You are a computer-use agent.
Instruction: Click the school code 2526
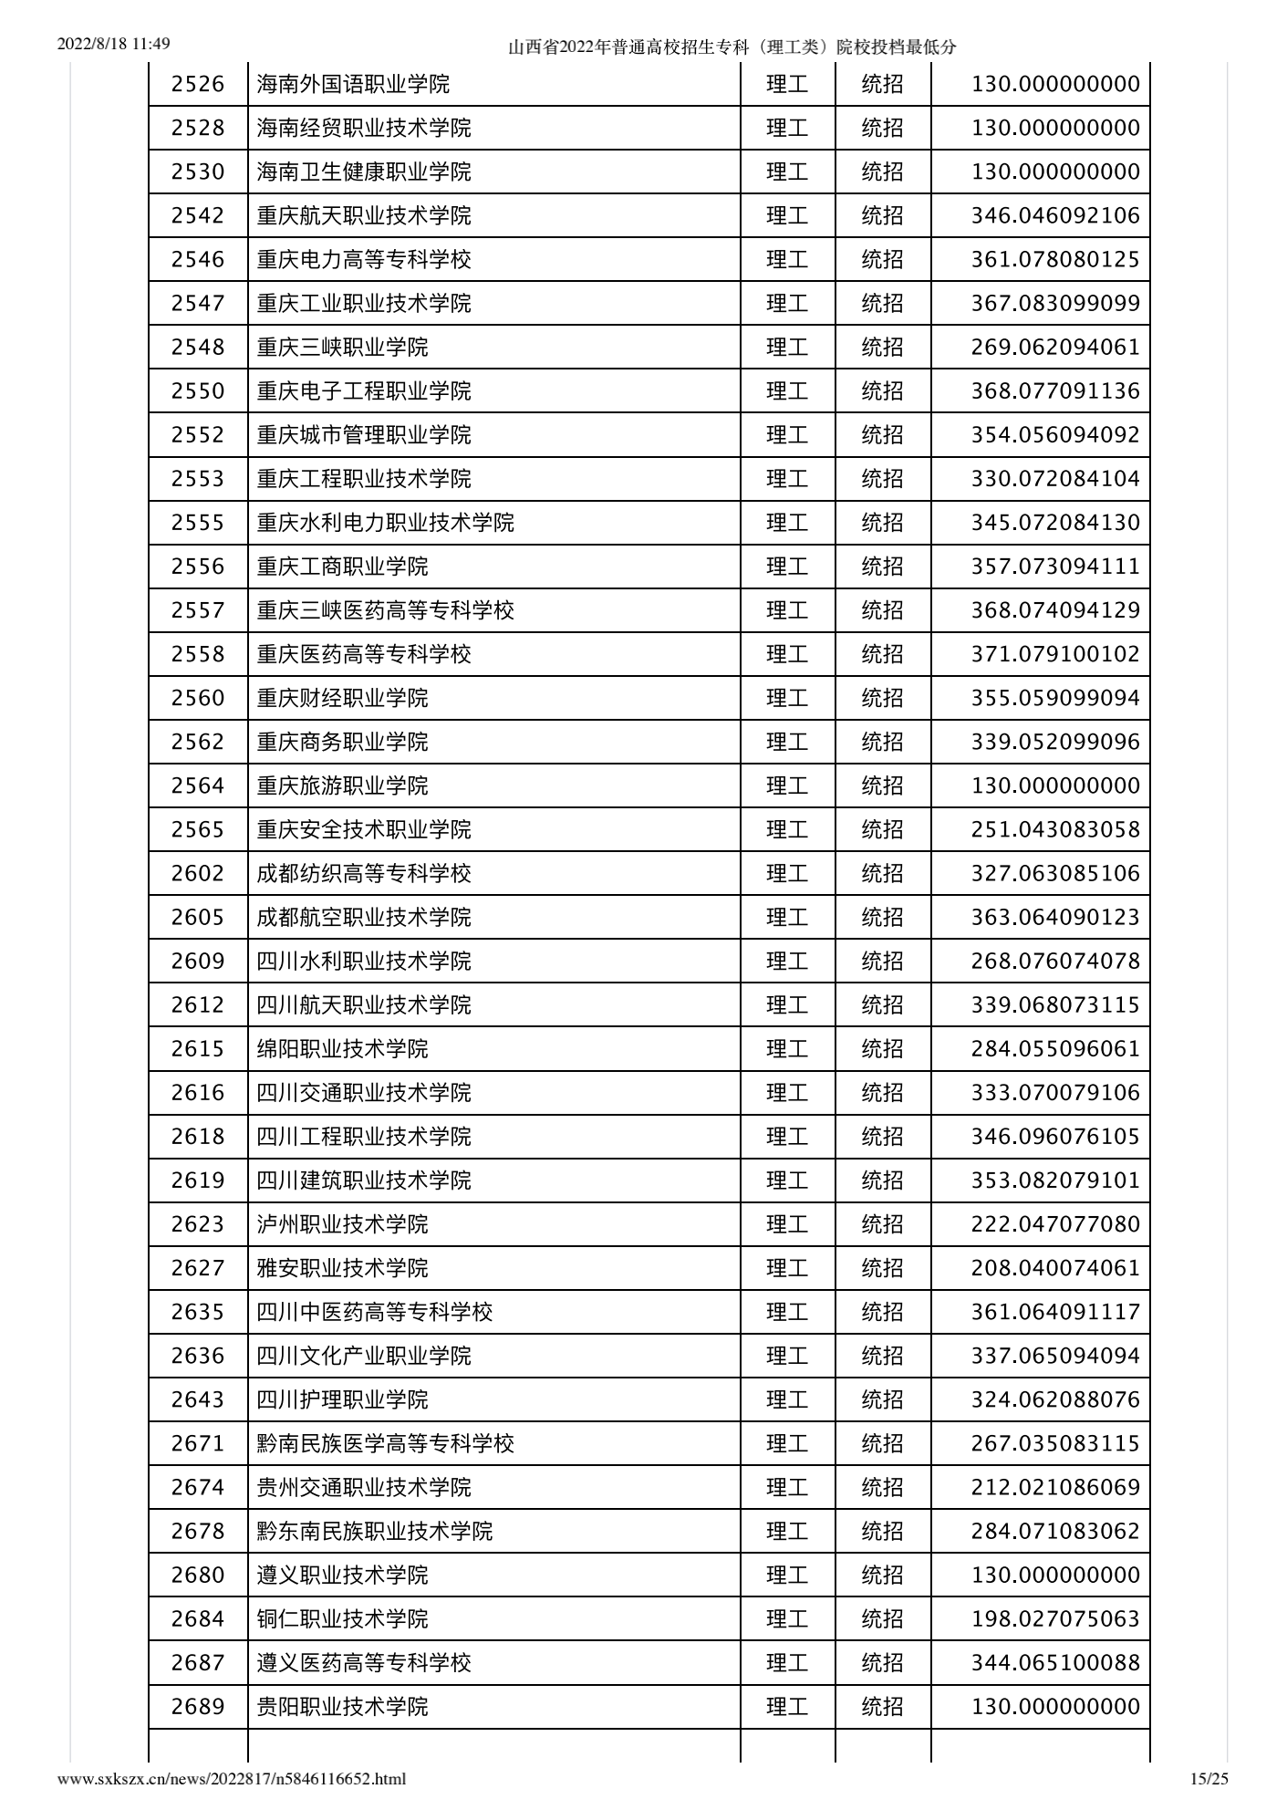[x=198, y=85]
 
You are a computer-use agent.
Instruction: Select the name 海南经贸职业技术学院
[x=363, y=129]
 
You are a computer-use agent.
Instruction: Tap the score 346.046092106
[x=1054, y=216]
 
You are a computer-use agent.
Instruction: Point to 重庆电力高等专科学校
[x=363, y=260]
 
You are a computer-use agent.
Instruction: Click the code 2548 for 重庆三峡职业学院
[x=198, y=348]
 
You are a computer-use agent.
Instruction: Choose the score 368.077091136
[x=1054, y=391]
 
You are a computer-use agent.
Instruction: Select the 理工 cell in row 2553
[x=787, y=479]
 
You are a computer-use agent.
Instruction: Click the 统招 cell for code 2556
[x=882, y=567]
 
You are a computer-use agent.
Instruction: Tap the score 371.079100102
[x=1054, y=654]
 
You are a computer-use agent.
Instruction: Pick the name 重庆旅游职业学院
[x=342, y=785]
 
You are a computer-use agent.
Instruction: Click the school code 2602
[x=198, y=874]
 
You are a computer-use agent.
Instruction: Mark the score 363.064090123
[x=1054, y=918]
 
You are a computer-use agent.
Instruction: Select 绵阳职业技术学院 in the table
[x=342, y=1049]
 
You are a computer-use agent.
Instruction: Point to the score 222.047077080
[x=1054, y=1224]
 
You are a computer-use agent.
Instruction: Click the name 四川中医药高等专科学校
[x=374, y=1312]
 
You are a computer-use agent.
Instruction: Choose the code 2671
[x=198, y=1443]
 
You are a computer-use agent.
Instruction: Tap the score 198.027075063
[x=1054, y=1619]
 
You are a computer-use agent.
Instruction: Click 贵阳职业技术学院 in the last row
[x=342, y=1707]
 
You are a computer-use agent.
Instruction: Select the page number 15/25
[x=1209, y=1778]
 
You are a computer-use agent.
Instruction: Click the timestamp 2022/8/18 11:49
[x=114, y=44]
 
